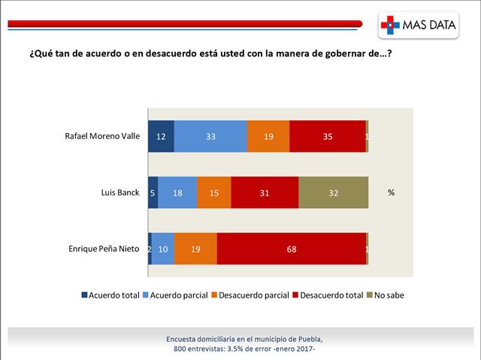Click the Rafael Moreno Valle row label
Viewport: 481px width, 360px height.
(x=103, y=136)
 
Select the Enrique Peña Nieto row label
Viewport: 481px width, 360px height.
(x=103, y=249)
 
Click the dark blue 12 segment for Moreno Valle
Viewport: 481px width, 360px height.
(x=161, y=136)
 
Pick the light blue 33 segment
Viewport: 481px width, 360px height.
(x=210, y=136)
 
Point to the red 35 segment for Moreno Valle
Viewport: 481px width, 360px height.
(x=327, y=136)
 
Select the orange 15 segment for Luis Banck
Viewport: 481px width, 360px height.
(x=214, y=192)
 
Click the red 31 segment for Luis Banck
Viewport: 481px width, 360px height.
(x=265, y=192)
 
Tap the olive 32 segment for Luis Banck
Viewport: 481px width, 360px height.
(x=333, y=192)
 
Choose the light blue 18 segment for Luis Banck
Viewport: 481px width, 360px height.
(x=177, y=192)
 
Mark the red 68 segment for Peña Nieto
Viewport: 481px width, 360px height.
(x=292, y=249)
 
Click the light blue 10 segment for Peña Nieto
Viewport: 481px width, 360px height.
(x=162, y=249)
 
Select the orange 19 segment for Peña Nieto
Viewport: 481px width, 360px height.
(x=195, y=249)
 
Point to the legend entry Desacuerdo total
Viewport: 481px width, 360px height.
(x=331, y=295)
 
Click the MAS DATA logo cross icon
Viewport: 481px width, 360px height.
(x=389, y=25)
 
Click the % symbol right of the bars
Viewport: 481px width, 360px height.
(x=391, y=192)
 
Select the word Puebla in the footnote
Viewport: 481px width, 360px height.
(x=309, y=339)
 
